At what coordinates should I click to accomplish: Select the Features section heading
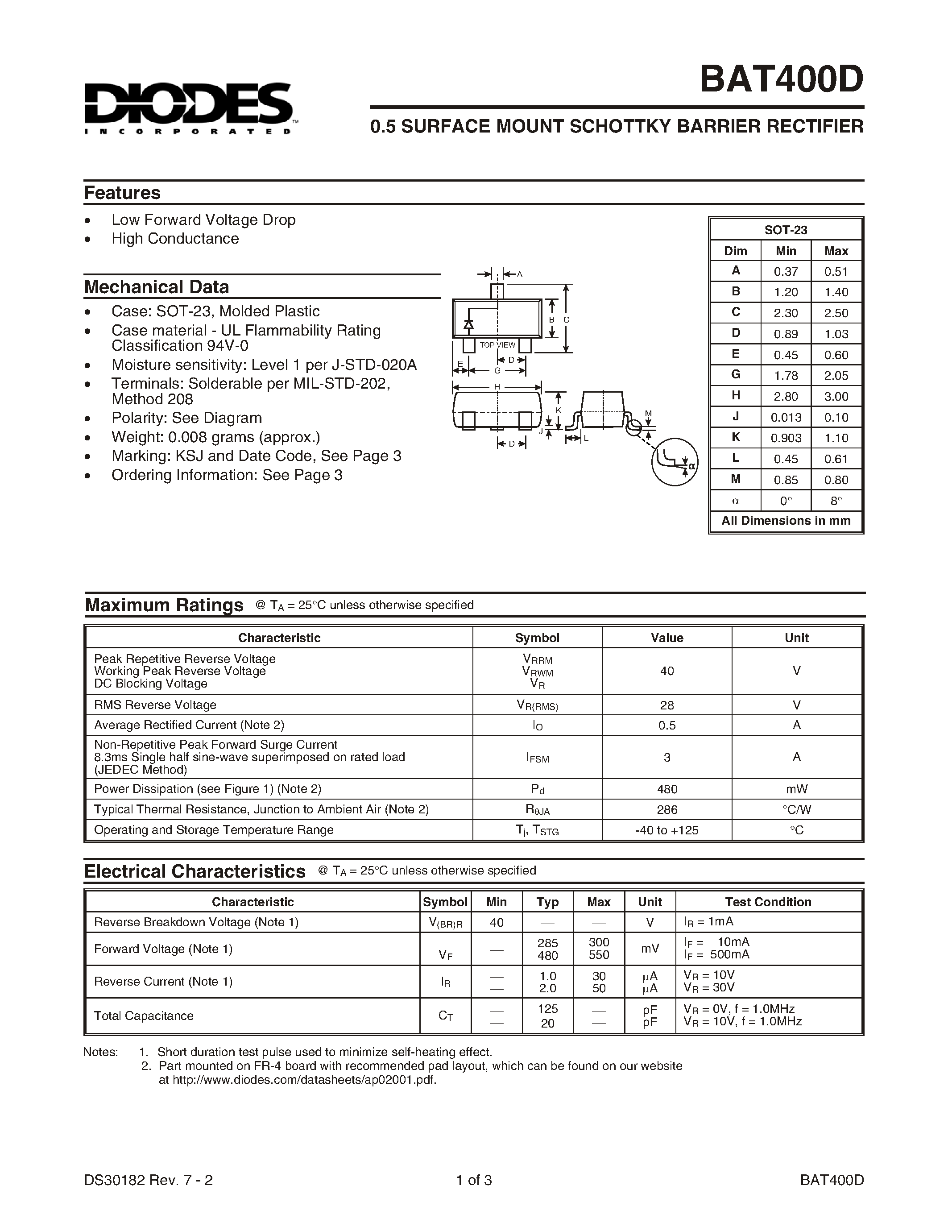tap(122, 193)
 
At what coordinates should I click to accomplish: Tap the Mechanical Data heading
tap(156, 287)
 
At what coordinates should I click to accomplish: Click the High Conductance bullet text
tap(175, 239)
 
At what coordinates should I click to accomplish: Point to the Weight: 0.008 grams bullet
tap(215, 437)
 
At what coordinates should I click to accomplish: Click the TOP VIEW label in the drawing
tap(497, 345)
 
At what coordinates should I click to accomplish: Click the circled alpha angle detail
tap(675, 461)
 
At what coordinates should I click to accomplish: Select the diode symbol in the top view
tap(468, 324)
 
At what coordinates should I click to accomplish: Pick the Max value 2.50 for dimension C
tap(836, 313)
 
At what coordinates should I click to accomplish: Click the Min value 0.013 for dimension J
tap(786, 418)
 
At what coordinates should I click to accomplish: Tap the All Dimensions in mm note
tap(786, 521)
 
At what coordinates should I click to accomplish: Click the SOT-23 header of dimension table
tap(786, 230)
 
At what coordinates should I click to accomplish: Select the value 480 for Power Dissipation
tap(666, 789)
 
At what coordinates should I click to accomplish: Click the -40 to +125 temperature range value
tap(666, 830)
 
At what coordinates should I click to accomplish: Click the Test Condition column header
tap(768, 902)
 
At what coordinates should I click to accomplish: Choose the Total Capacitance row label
tap(144, 1016)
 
